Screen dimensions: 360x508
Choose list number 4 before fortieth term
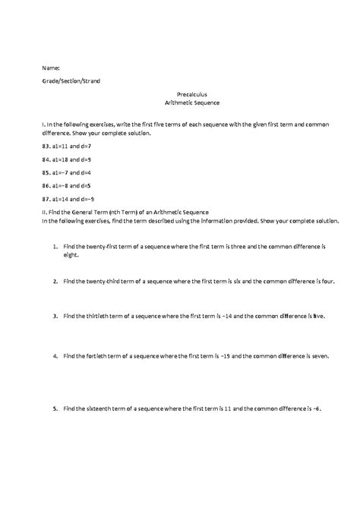[x=55, y=355]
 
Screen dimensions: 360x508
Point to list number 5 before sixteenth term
[x=55, y=409]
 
